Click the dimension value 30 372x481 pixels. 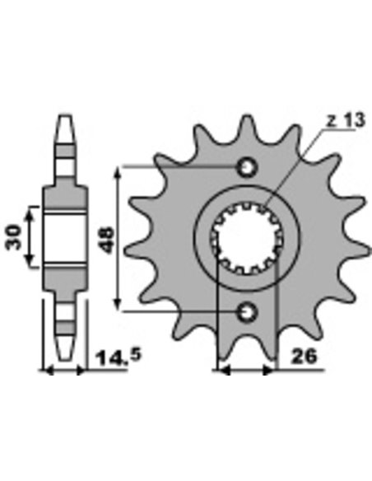[13, 237]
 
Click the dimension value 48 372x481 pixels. [108, 240]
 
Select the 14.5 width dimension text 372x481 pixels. [119, 357]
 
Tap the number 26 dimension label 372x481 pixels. [303, 357]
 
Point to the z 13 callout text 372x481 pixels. [345, 120]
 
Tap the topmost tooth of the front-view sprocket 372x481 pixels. [247, 126]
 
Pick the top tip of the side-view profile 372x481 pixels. [65, 116]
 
